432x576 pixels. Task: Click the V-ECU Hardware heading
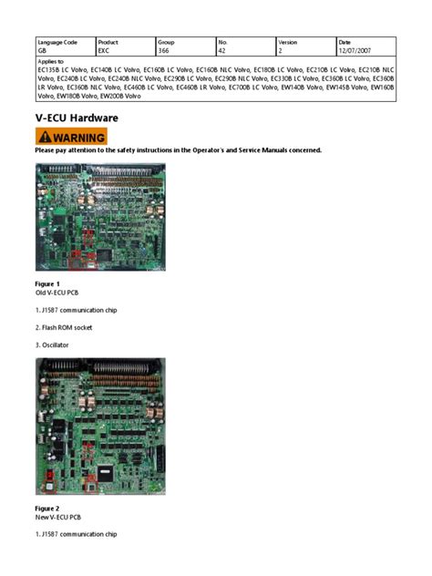[x=77, y=118]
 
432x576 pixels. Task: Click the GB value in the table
[x=42, y=51]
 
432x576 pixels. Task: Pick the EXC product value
[x=104, y=51]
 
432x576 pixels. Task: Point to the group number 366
[x=165, y=51]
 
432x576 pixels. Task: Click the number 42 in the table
[x=222, y=51]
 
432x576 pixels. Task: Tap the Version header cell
[x=288, y=43]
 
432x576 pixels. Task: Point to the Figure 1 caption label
[x=46, y=284]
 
